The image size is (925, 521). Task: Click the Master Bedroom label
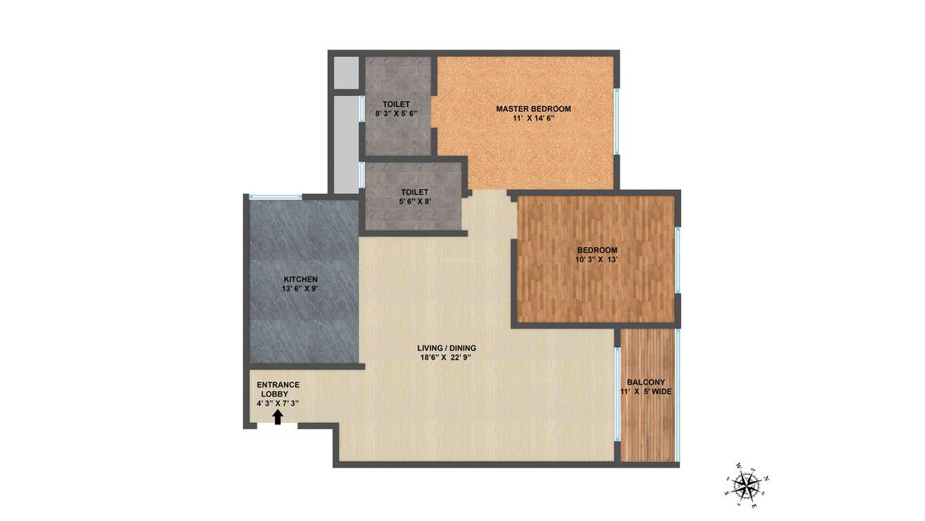click(533, 109)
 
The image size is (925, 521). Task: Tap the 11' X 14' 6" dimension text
click(534, 118)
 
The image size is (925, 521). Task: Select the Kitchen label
click(301, 279)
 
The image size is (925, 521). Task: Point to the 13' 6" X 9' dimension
click(301, 289)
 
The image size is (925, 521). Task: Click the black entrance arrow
click(277, 417)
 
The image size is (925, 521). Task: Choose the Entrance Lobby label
click(277, 389)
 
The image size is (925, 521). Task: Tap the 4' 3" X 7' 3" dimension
click(277, 404)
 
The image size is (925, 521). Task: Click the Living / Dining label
click(447, 348)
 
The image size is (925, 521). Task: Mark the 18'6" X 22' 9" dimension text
click(447, 357)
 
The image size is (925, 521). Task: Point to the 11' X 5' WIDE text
click(646, 391)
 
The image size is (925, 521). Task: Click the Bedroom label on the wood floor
click(597, 251)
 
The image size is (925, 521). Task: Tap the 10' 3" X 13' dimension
click(597, 259)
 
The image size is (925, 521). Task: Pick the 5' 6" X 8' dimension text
click(415, 202)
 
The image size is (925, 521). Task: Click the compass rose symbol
click(747, 485)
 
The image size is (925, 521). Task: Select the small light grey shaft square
click(346, 73)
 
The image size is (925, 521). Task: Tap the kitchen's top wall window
click(275, 196)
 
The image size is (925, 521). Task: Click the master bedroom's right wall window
click(617, 122)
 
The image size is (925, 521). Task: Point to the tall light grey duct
click(346, 144)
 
